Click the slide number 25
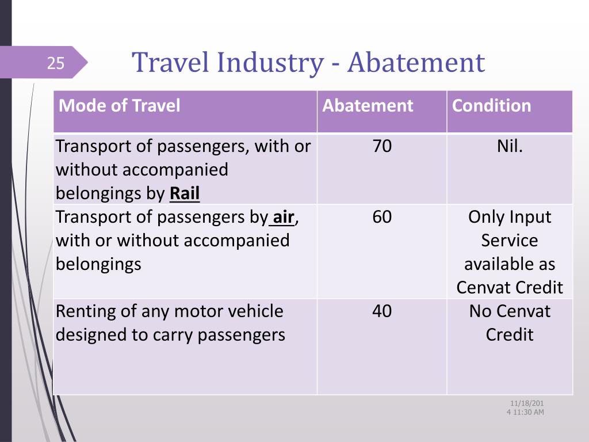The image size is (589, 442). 56,63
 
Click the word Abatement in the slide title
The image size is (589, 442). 416,62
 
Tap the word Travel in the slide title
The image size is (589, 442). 170,62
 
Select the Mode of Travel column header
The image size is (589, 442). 120,105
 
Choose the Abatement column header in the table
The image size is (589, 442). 368,105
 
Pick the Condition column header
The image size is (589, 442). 491,105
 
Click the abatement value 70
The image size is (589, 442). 382,146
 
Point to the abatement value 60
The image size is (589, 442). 382,217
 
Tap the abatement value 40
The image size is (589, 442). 382,311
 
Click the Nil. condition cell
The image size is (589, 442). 510,146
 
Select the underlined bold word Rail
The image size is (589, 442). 185,193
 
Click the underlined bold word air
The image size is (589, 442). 283,217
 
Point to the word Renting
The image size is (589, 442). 86,312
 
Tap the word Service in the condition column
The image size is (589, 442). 510,241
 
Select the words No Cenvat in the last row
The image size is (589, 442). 510,311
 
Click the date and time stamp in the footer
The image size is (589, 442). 526,407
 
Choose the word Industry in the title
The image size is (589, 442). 270,63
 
